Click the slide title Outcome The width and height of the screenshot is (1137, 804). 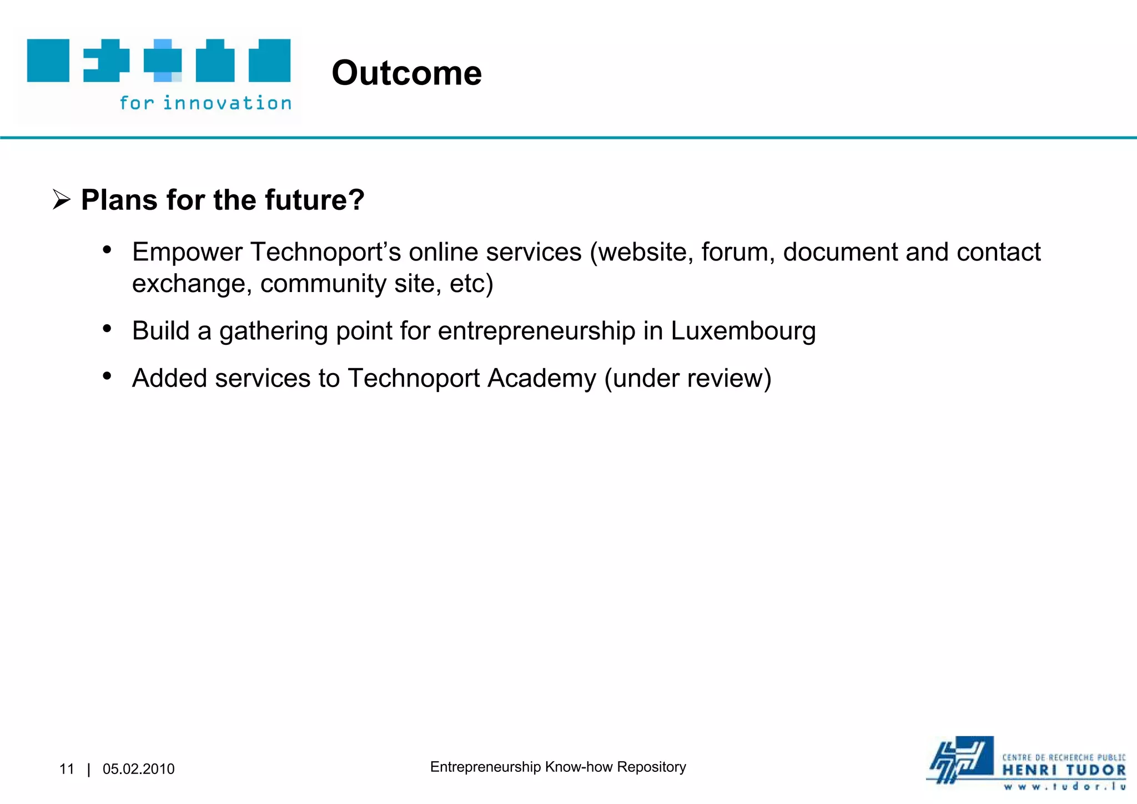click(406, 73)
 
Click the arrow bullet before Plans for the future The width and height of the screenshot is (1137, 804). click(61, 200)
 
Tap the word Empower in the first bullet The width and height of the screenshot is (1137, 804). click(187, 253)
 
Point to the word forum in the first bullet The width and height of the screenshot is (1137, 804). click(737, 252)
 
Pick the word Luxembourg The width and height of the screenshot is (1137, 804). click(743, 331)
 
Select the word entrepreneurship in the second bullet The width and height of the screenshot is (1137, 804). click(536, 331)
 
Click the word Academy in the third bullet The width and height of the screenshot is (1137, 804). click(541, 379)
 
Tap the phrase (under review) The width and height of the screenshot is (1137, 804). click(687, 379)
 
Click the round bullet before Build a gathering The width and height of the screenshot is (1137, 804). click(107, 329)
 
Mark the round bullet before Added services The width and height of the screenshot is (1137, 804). click(107, 376)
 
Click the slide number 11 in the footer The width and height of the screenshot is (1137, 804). click(67, 769)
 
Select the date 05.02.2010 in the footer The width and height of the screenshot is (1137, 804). click(138, 769)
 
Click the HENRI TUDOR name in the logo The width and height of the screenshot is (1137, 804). click(1064, 771)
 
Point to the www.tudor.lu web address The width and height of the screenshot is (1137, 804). click(1064, 786)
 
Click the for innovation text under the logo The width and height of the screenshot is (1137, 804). click(205, 103)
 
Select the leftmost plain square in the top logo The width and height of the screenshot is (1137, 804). click(48, 61)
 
